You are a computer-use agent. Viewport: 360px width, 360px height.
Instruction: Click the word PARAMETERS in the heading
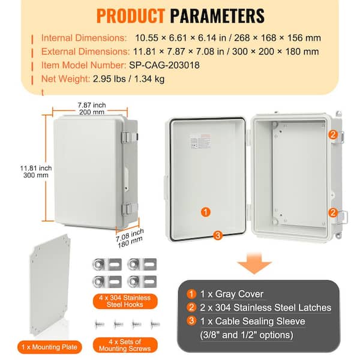pos(217,15)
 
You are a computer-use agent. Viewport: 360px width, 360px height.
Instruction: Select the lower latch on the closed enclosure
pos(127,209)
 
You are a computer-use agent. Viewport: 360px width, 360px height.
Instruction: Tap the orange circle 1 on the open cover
pos(205,212)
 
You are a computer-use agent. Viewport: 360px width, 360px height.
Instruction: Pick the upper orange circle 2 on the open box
pos(332,135)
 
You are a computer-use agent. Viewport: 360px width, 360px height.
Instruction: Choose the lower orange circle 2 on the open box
pos(332,211)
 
